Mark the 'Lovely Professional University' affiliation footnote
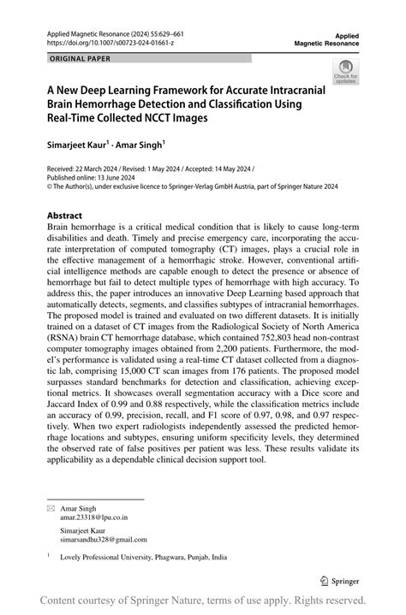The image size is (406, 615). (x=137, y=557)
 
